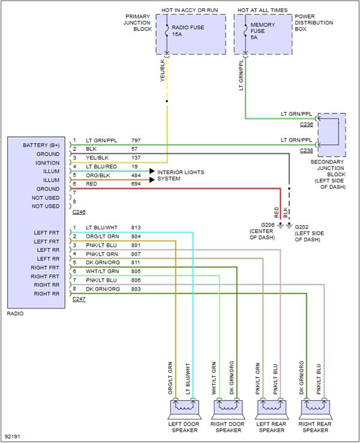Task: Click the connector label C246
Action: pos(79,212)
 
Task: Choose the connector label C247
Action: pos(79,298)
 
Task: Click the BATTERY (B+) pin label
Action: pos(41,145)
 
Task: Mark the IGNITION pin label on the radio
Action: pos(47,163)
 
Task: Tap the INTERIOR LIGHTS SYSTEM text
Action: pos(181,175)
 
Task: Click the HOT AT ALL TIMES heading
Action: pos(262,10)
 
